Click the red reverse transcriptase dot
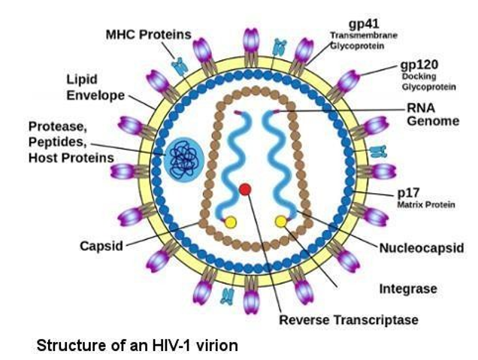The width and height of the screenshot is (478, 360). point(245,189)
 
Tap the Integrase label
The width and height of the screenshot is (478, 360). point(407,288)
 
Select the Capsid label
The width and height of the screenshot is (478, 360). point(101,246)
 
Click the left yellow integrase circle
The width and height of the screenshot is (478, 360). point(230,222)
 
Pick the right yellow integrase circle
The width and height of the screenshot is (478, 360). point(281,221)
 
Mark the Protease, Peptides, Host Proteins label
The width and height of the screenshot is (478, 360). point(71,141)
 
